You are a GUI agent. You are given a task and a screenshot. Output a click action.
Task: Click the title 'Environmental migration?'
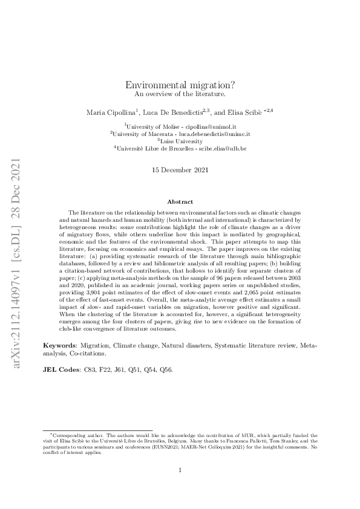click(x=180, y=86)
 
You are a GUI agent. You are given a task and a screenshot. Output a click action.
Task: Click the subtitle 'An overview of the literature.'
click(x=180, y=95)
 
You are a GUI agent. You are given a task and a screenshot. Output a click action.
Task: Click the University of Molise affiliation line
click(x=179, y=125)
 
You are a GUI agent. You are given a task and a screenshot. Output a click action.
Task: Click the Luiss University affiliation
click(x=180, y=140)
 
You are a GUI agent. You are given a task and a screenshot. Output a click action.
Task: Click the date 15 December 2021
click(x=180, y=171)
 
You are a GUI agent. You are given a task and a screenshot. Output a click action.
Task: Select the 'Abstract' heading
click(x=180, y=202)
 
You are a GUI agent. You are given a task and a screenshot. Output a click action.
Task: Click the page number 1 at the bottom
click(x=180, y=470)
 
